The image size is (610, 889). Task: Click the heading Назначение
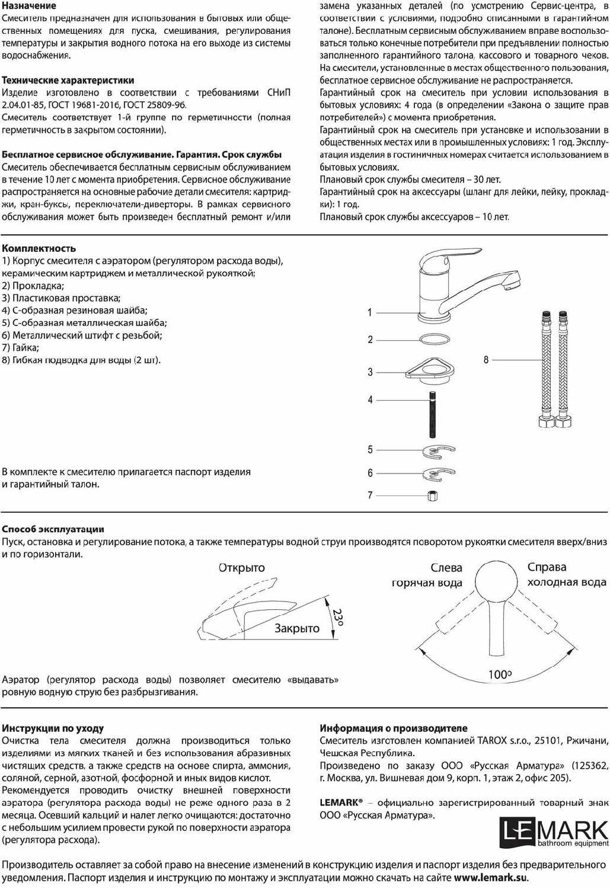click(29, 6)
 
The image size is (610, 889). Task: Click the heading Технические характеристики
click(68, 80)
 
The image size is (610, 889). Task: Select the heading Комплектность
click(39, 248)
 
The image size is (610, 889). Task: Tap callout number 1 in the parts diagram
click(370, 312)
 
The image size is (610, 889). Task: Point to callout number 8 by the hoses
click(486, 360)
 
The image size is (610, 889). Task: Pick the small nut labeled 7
click(433, 495)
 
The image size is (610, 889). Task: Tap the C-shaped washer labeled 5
click(439, 452)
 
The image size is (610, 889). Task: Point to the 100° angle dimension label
click(500, 674)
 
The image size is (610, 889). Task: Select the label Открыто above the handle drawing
click(242, 568)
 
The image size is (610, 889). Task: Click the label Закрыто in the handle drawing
click(297, 628)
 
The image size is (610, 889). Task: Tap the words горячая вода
click(427, 583)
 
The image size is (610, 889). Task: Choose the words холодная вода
click(567, 582)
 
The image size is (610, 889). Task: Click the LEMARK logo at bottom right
click(554, 832)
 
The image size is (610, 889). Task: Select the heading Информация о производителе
click(394, 728)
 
